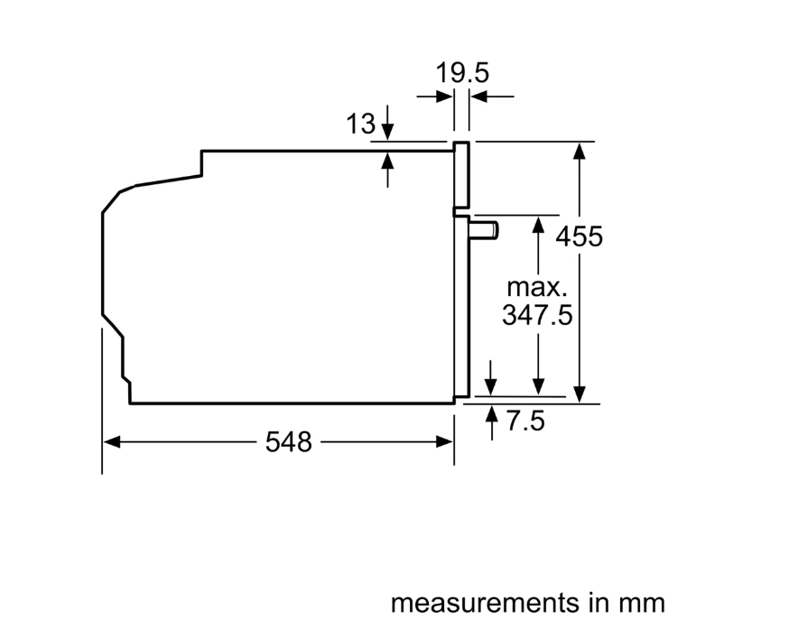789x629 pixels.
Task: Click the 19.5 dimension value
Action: tap(461, 72)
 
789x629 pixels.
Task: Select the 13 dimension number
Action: tap(360, 125)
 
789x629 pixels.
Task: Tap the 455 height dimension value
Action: tap(579, 236)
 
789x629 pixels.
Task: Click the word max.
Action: tap(536, 289)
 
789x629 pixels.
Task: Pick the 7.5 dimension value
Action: tap(525, 421)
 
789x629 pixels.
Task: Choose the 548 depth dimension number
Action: tap(288, 442)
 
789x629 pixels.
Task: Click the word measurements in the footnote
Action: tap(485, 602)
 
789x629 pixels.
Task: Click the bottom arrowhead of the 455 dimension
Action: tap(580, 394)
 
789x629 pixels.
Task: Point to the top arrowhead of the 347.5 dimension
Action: tap(538, 224)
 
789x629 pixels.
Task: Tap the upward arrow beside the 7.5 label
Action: tap(492, 414)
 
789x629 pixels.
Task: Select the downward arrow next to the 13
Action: tap(387, 132)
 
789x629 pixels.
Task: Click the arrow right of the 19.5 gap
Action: tap(479, 96)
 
